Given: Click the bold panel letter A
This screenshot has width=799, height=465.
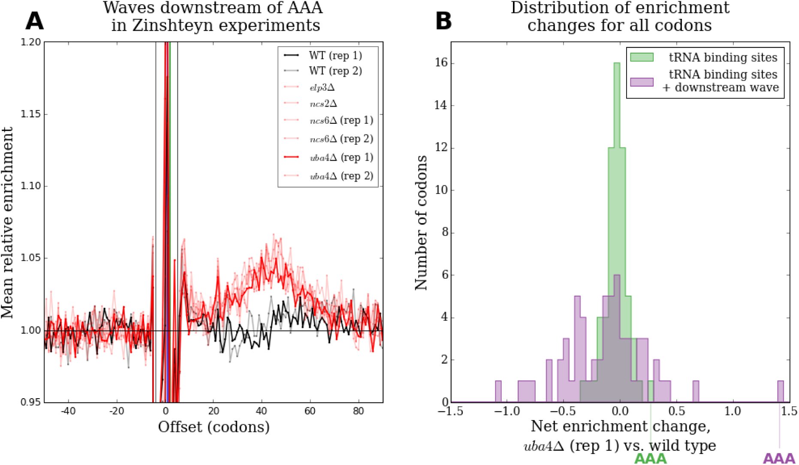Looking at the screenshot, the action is coord(35,21).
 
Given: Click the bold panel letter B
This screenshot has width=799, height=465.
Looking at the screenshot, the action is coord(444,21).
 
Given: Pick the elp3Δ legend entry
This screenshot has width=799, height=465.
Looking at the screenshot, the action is coord(309,87).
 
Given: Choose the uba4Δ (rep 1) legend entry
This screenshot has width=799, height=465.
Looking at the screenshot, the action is coord(329,157).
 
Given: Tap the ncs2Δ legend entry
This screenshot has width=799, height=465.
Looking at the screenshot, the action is coord(310,104).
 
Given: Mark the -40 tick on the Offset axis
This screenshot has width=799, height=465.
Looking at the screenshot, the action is coord(67,411).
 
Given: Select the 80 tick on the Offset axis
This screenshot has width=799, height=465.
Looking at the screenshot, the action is coord(358,411).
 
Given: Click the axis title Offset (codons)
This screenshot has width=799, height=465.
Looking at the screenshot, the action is coord(214,427).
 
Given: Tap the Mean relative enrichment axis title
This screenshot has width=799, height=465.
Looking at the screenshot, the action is coord(7,222).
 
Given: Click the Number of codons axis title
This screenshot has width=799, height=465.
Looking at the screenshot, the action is coord(421,223).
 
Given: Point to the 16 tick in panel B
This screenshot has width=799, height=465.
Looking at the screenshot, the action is coord(441,63).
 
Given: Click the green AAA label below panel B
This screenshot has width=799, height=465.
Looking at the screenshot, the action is coord(650,459).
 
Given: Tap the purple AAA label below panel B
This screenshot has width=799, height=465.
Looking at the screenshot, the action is coord(779,459).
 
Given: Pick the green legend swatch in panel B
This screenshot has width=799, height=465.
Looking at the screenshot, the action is coord(642,57).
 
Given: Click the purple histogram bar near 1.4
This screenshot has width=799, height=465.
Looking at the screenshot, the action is coord(781,391).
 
